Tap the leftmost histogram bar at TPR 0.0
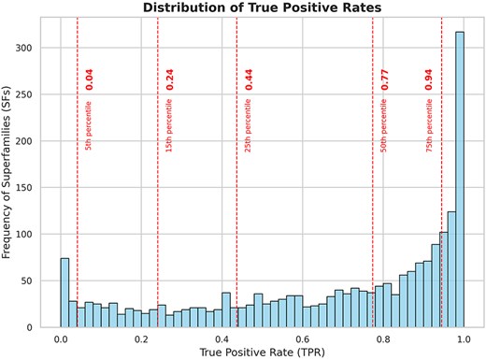coord(64,295)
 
